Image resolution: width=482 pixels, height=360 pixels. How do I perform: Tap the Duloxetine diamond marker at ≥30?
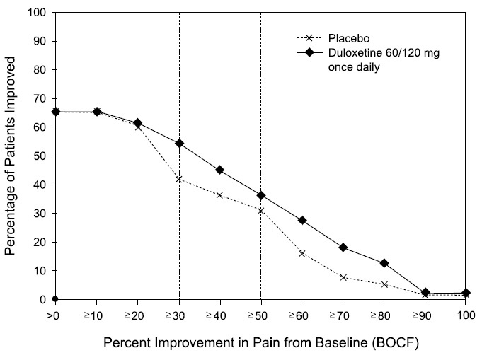pos(179,143)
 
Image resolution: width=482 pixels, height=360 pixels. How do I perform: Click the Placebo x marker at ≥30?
pos(179,179)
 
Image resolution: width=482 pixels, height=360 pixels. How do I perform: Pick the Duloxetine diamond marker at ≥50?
pos(261,195)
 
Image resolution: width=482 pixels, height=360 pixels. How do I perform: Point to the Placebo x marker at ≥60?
pos(302,253)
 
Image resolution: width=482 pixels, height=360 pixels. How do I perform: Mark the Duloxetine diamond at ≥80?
pos(384,263)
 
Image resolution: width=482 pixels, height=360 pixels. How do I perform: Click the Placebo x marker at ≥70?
pos(343,277)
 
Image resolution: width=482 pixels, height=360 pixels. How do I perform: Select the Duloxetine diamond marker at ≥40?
pos(220,170)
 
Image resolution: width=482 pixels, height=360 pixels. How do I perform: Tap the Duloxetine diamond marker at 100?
pos(466,293)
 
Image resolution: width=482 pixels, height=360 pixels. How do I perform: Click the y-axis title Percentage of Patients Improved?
pos(11,156)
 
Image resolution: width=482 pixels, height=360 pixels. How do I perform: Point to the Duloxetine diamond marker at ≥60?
pos(302,221)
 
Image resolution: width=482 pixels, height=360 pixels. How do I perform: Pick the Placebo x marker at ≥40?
pos(220,195)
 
